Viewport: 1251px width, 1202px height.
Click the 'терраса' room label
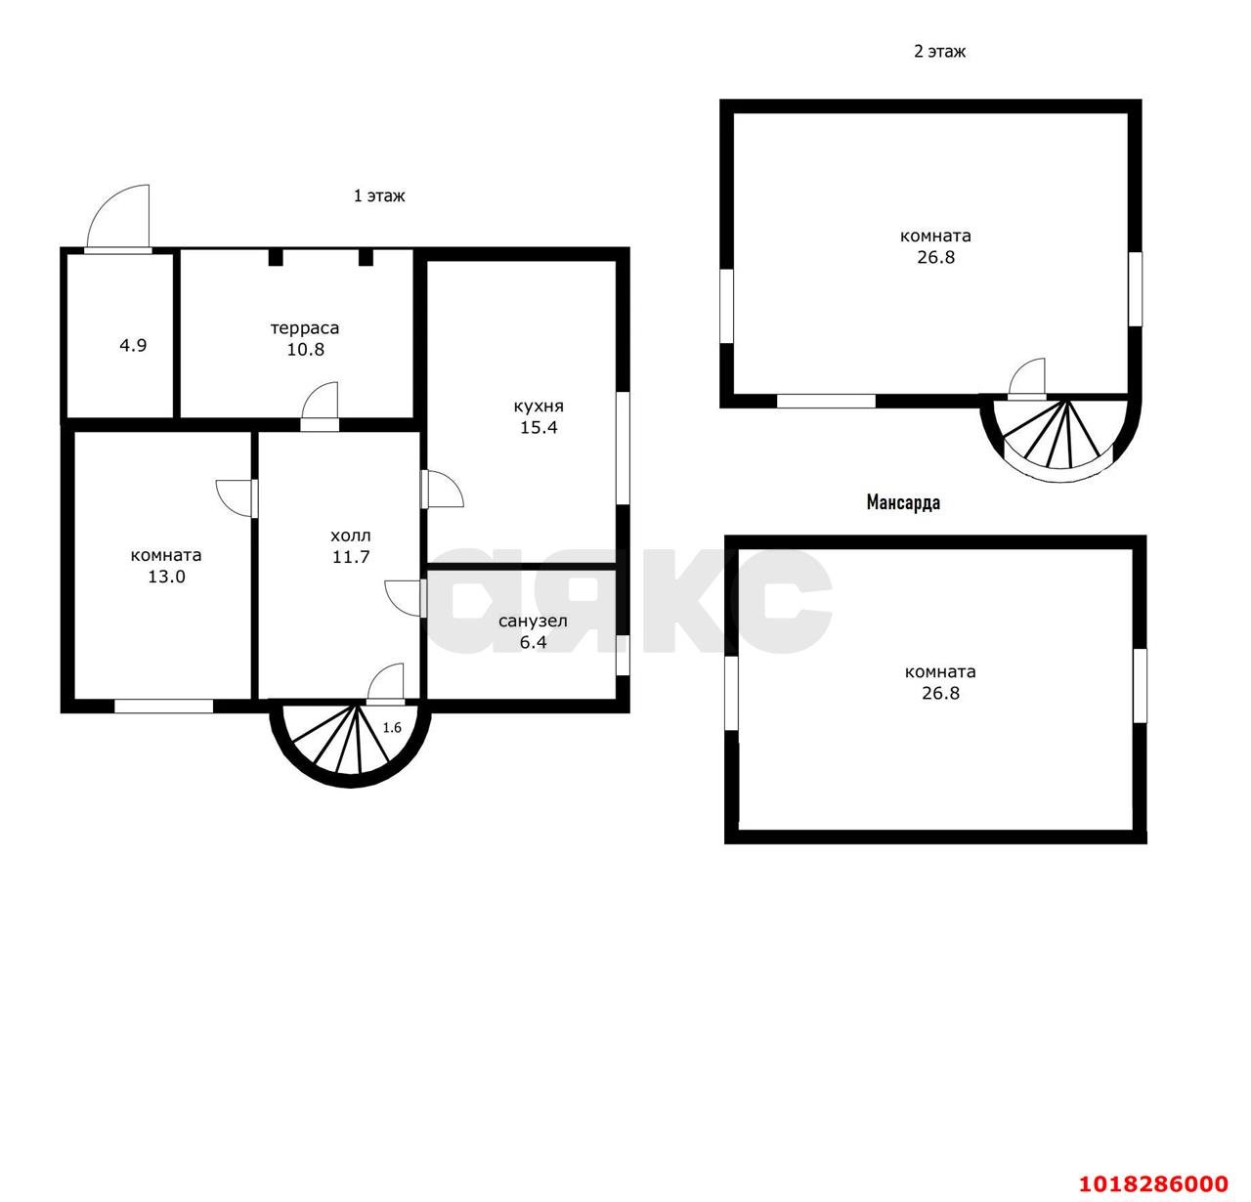point(305,328)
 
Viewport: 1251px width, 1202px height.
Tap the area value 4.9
point(133,346)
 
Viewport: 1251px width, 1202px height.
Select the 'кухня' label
point(539,407)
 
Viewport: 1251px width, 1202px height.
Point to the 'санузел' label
point(533,622)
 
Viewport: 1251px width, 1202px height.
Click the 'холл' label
point(350,537)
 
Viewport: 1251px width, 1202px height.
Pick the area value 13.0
point(166,578)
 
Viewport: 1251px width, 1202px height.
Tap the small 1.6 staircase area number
point(392,728)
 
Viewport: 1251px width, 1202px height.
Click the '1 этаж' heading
point(379,195)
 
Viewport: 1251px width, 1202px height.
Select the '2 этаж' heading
point(940,52)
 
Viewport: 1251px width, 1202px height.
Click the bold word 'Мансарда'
point(903,502)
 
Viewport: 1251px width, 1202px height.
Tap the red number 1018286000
point(1153,1183)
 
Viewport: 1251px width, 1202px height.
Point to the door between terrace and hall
point(321,407)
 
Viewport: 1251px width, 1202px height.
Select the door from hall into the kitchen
point(443,490)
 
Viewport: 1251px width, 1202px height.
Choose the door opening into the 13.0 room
point(237,498)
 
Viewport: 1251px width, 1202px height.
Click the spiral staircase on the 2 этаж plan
point(1060,437)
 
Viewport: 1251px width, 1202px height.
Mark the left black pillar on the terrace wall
point(276,257)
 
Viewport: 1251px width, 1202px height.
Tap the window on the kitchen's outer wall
point(623,449)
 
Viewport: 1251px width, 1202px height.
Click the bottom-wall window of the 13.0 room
point(163,706)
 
